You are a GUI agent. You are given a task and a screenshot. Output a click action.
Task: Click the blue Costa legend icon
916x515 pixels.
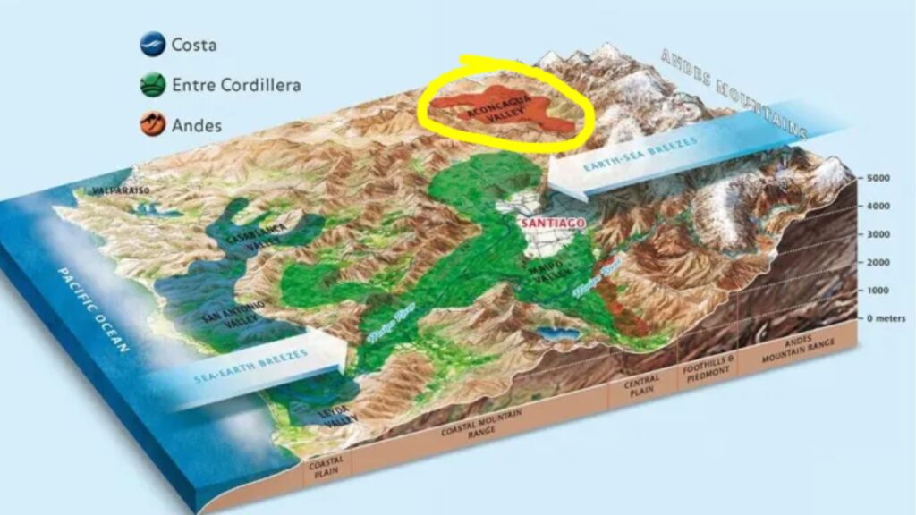pos(153,45)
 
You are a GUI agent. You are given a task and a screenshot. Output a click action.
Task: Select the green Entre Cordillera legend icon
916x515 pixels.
pos(153,85)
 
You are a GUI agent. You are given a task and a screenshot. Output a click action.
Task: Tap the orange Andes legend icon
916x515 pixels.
pos(153,124)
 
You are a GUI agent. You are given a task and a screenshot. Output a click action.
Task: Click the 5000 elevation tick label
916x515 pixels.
pos(878,179)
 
